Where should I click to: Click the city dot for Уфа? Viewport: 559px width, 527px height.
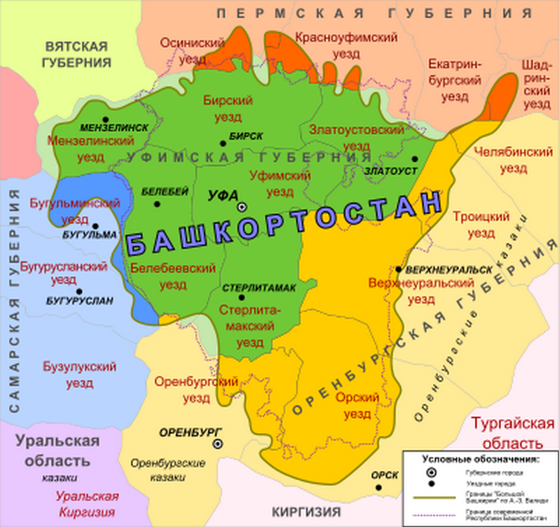(x=241, y=207)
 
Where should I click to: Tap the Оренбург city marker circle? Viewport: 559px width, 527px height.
(x=217, y=444)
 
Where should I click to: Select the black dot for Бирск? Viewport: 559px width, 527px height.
(x=223, y=143)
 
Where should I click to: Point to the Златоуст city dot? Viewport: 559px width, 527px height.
(x=414, y=159)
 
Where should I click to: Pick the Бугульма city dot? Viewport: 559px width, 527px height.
(x=95, y=224)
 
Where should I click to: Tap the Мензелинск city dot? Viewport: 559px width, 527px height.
(x=105, y=119)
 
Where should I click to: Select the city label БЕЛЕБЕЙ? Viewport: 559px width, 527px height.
(x=164, y=192)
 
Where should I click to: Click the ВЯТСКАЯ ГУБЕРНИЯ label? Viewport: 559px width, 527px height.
(x=75, y=53)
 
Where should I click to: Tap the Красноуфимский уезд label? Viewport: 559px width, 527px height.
(x=327, y=44)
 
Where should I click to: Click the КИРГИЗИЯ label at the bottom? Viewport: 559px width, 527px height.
(x=306, y=512)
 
